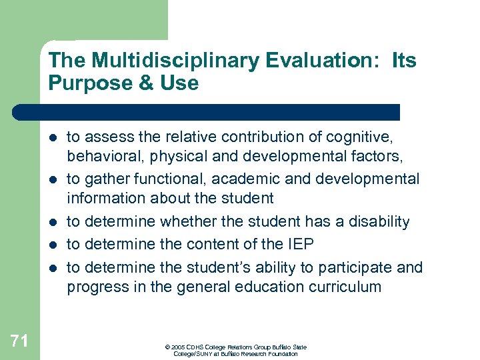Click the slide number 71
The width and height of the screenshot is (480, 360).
19,341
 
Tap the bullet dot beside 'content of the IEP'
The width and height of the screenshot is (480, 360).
53,245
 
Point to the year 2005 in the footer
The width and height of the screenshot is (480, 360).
178,347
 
